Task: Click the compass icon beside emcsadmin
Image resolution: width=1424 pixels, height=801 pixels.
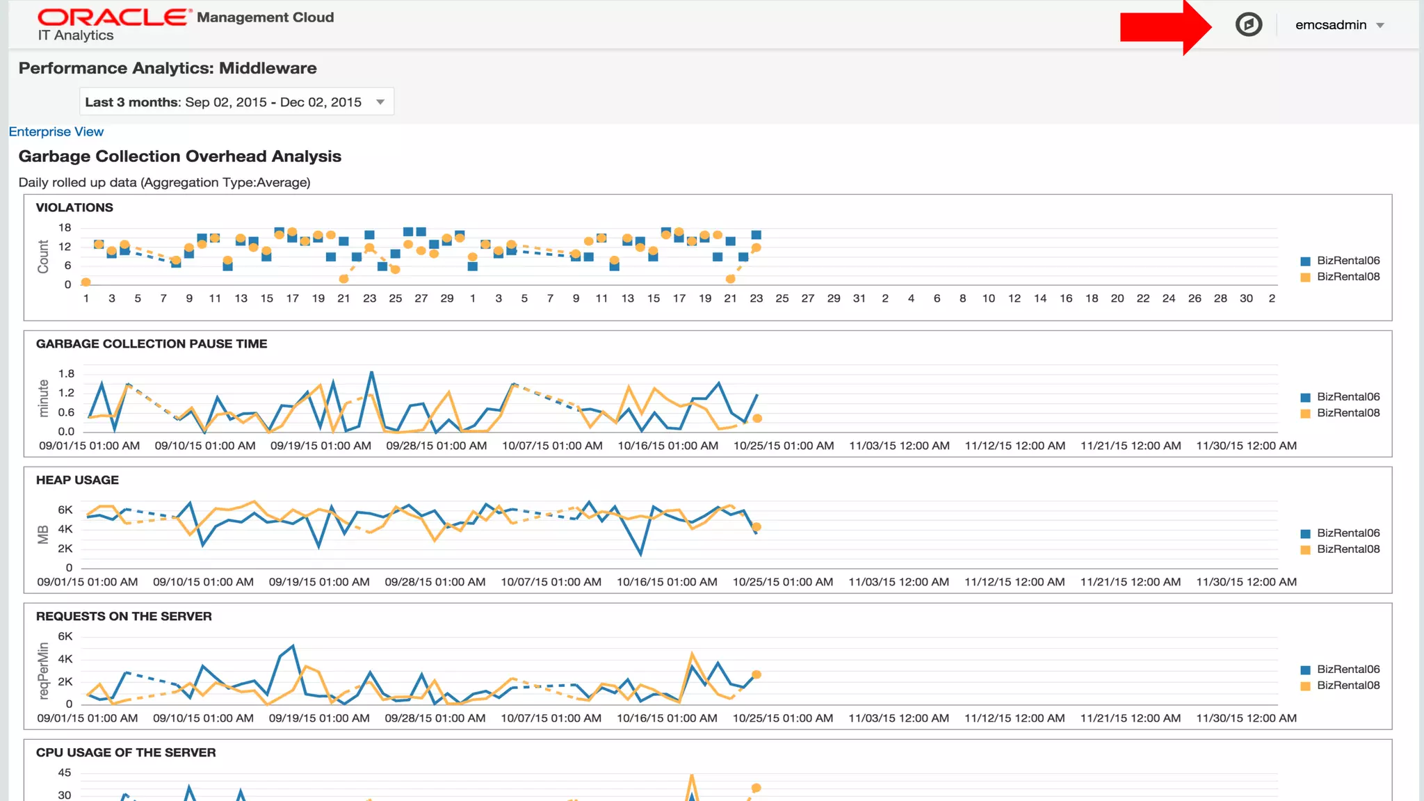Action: pyautogui.click(x=1248, y=25)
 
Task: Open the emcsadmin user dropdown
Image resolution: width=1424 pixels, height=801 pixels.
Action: pyautogui.click(x=1339, y=25)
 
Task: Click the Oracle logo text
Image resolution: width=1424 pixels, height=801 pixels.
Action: pyautogui.click(x=113, y=17)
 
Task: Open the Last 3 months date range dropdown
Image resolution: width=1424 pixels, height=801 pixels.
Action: pyautogui.click(x=236, y=102)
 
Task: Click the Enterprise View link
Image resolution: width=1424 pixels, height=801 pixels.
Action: pyautogui.click(x=56, y=131)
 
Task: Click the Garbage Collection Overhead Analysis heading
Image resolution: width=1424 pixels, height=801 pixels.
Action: pyautogui.click(x=180, y=156)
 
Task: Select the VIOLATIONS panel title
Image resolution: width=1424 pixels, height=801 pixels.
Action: pyautogui.click(x=74, y=207)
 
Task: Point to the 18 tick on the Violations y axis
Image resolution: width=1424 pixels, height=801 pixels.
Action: pyautogui.click(x=65, y=227)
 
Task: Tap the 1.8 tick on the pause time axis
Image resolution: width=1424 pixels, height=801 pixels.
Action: pyautogui.click(x=66, y=373)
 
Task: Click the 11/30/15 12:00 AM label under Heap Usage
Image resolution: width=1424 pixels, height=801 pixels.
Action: pyautogui.click(x=1246, y=582)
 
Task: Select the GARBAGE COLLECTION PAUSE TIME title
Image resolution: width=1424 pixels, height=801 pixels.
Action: pyautogui.click(x=152, y=343)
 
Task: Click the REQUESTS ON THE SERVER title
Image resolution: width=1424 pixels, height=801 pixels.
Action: pyautogui.click(x=124, y=616)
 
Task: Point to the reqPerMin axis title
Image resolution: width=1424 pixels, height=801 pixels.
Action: pyautogui.click(x=44, y=670)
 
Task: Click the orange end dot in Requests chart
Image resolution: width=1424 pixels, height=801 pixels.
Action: pyautogui.click(x=756, y=674)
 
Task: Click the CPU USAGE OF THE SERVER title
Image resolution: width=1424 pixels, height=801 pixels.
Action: pyautogui.click(x=126, y=752)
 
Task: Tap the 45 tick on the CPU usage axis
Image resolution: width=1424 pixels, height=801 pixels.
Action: pyautogui.click(x=65, y=772)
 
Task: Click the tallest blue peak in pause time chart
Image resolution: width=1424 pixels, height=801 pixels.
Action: pyautogui.click(x=372, y=373)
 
